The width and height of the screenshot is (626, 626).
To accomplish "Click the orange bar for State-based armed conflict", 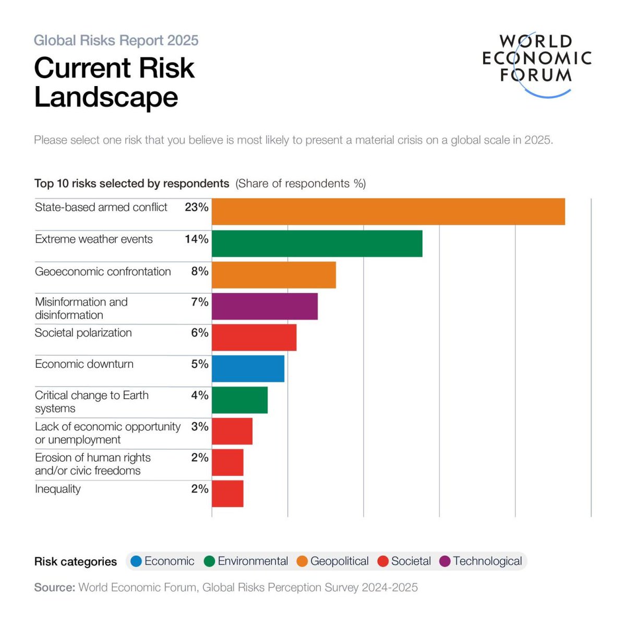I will point(388,211).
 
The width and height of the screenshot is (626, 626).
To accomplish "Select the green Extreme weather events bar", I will point(317,243).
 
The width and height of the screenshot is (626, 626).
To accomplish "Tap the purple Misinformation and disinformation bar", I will point(264,306).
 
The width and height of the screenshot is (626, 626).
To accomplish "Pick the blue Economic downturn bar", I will point(248,368).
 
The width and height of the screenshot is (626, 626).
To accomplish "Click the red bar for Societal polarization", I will point(254,337).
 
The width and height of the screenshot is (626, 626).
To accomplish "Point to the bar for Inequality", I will point(227,493).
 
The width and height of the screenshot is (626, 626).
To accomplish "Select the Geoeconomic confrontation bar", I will point(273,274).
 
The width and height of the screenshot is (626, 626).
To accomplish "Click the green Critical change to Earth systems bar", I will point(239,400).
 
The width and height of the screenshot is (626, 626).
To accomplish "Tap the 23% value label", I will point(196,207).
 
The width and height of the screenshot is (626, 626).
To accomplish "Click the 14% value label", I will point(196,239).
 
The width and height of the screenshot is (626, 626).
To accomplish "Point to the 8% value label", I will point(199,271).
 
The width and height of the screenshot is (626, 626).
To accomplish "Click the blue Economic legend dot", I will point(136,561).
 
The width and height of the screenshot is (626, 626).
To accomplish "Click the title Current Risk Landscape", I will point(114,82).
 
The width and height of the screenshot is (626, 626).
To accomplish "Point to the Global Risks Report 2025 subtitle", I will point(116,40).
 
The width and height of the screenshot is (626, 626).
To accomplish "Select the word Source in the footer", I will point(54,587).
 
